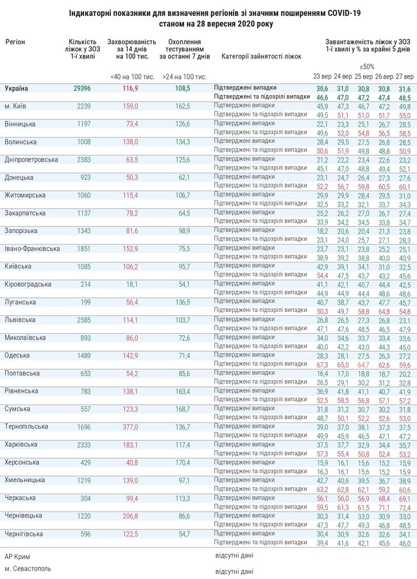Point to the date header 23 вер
(322, 76)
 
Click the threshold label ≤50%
(367, 66)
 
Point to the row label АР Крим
(17, 557)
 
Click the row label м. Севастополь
(28, 569)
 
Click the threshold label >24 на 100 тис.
(184, 76)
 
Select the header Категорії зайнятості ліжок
(261, 56)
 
